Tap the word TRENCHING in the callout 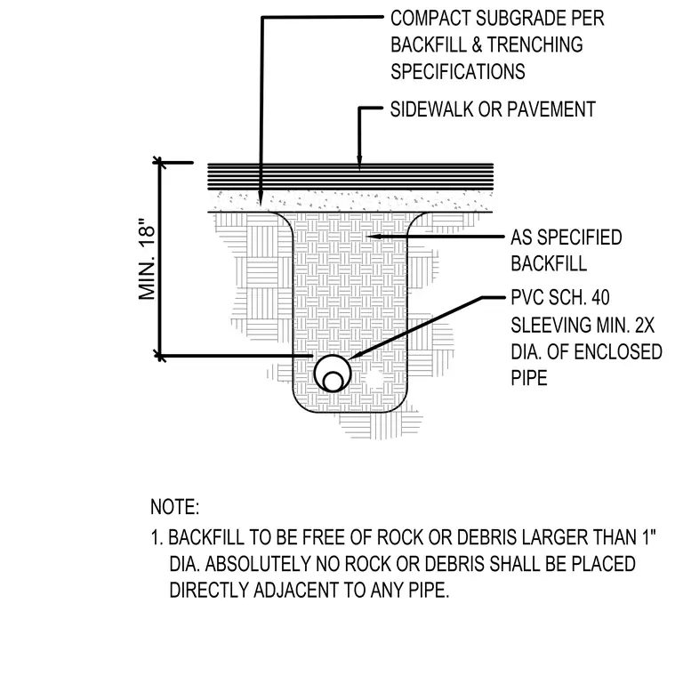click(x=534, y=44)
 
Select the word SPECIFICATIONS click(x=458, y=71)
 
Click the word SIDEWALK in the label click(x=432, y=109)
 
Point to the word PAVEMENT click(x=551, y=109)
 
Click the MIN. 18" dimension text click(x=147, y=260)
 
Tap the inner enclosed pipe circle click(x=333, y=382)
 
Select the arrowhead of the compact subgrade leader click(x=261, y=199)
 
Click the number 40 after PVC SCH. click(x=600, y=297)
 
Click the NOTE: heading click(x=174, y=507)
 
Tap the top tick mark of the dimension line click(x=159, y=163)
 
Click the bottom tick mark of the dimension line click(x=159, y=356)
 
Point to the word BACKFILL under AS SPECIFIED click(x=549, y=264)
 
